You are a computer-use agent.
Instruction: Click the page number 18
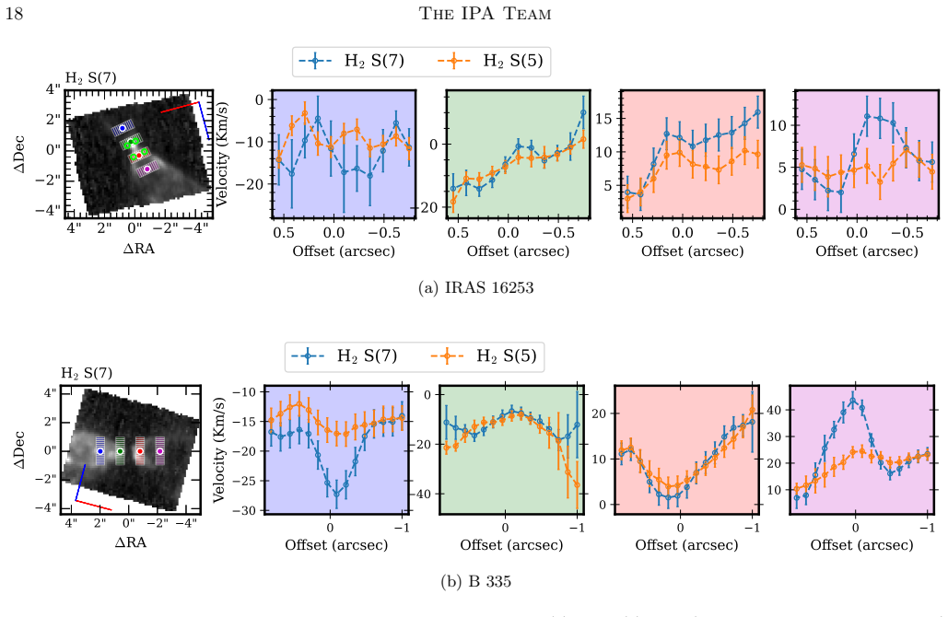point(14,14)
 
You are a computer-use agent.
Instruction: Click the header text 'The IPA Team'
point(485,14)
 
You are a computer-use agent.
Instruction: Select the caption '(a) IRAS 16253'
point(475,287)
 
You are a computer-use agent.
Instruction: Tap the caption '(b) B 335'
point(475,581)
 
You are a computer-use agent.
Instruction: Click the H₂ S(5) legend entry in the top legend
point(490,61)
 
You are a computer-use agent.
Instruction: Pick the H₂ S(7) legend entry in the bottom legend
point(345,356)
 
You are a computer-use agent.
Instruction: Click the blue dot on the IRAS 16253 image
point(123,128)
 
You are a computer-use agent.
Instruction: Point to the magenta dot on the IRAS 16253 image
point(146,169)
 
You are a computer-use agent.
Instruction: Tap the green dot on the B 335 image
point(120,451)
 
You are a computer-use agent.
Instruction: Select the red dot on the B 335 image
point(140,451)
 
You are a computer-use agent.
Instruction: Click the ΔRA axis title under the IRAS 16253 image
point(138,249)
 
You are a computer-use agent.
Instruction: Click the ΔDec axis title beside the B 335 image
point(19,449)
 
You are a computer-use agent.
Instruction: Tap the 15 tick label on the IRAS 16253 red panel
point(603,119)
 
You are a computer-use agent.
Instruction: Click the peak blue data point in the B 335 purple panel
point(852,400)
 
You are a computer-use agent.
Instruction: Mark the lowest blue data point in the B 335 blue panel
point(337,494)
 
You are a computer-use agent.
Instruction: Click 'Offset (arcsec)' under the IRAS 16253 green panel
point(518,250)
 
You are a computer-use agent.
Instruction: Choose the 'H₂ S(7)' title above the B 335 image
point(87,374)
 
